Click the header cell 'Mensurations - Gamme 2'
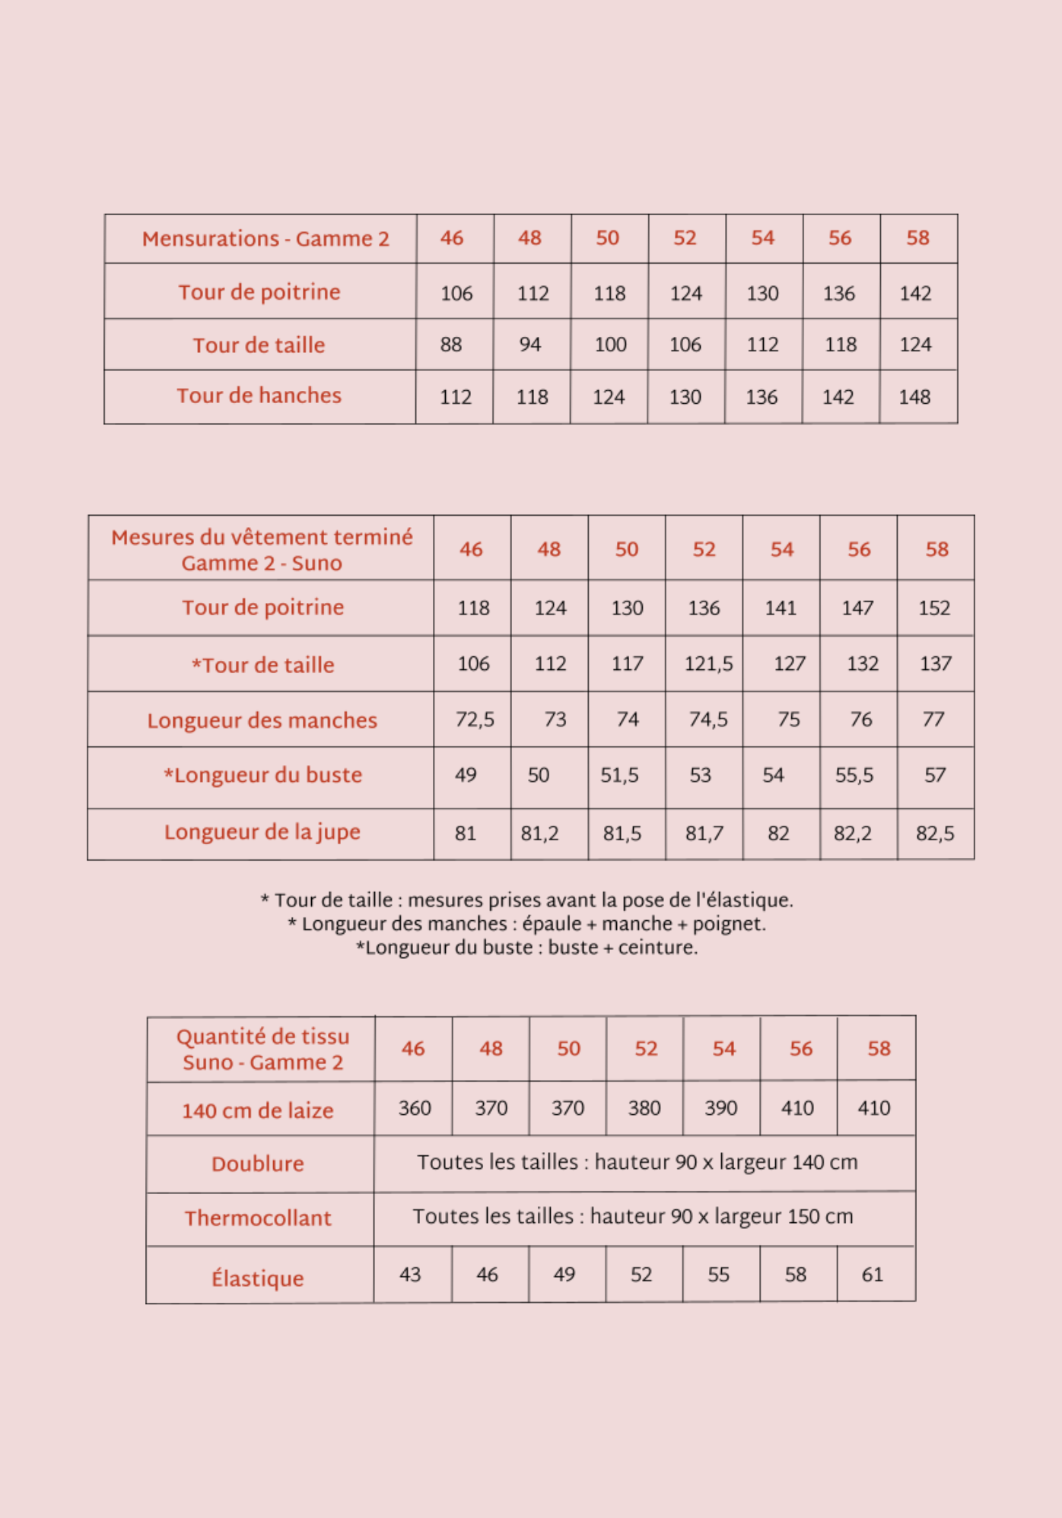265,239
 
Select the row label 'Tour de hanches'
259,395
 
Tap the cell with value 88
451,345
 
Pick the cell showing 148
914,397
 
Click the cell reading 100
610,345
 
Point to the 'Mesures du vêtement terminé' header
262,538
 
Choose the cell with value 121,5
708,664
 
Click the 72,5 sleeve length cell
475,719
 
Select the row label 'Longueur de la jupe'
262,832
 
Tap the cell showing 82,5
935,834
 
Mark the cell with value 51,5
620,776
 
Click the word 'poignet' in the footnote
732,924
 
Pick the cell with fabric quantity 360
415,1108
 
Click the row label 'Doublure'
258,1164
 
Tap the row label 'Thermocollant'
258,1218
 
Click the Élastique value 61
873,1275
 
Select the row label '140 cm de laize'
258,1110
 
